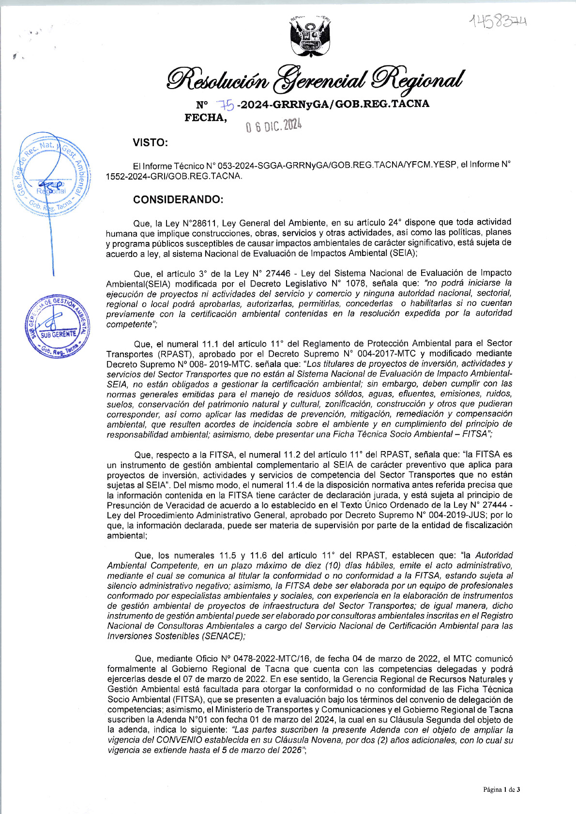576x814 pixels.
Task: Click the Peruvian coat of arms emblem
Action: click(310, 37)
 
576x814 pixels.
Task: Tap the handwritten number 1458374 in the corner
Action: click(498, 21)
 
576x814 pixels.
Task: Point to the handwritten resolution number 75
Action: click(226, 105)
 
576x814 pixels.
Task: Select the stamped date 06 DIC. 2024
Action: click(273, 126)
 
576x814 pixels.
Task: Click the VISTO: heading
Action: click(150, 143)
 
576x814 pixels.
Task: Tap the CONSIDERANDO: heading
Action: click(178, 200)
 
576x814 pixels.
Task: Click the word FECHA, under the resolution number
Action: click(205, 118)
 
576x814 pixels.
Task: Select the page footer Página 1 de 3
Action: click(501, 790)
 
